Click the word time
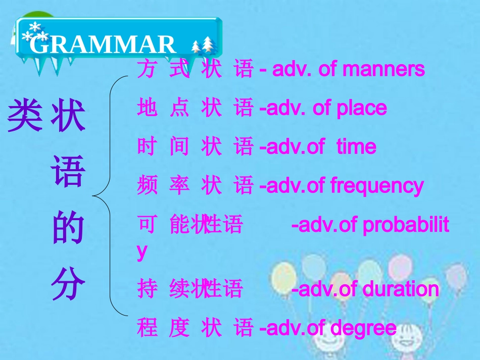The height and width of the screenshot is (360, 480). (x=356, y=146)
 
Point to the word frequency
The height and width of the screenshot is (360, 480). (x=376, y=186)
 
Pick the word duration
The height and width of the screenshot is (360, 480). (x=401, y=289)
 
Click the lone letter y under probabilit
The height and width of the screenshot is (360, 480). (x=142, y=251)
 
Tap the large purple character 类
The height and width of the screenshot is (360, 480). (x=25, y=116)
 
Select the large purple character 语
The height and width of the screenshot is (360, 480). (x=68, y=172)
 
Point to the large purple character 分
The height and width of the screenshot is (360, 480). (x=68, y=286)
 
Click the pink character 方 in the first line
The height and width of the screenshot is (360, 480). (x=147, y=69)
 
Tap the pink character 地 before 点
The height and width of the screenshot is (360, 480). (x=147, y=108)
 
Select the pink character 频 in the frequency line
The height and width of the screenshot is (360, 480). (x=147, y=186)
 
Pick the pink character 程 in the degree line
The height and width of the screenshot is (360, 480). (x=147, y=328)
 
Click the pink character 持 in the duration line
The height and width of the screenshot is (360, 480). (x=147, y=289)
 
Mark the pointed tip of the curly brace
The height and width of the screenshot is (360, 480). (x=93, y=195)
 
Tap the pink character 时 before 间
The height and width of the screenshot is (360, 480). (x=147, y=146)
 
